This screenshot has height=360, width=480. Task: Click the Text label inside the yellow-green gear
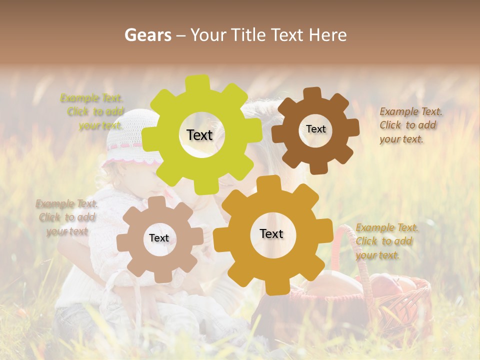coord(199,135)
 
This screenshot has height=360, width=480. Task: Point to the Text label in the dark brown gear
coord(315,129)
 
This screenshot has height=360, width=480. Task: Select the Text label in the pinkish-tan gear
coord(159,238)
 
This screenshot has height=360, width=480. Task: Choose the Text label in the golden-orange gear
coord(271,233)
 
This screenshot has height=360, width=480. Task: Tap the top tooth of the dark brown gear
coord(312,93)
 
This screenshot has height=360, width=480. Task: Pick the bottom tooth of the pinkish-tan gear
coord(161,276)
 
